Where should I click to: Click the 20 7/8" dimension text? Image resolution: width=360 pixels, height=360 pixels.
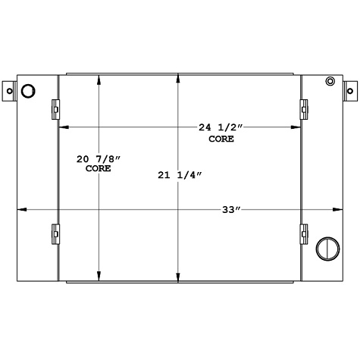coord(97,159)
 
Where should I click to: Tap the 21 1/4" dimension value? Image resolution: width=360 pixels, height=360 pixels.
coord(180,176)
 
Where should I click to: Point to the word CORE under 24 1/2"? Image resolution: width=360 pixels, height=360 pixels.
coord(221,139)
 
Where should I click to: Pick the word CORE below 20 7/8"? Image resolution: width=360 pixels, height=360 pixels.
coord(98,169)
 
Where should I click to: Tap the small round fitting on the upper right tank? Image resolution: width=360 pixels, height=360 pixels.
coord(329,82)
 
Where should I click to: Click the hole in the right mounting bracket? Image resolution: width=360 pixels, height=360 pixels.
coord(351,91)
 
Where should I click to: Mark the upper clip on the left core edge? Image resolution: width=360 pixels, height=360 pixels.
coord(56,109)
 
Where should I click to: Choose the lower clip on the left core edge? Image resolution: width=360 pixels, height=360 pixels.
coord(56,233)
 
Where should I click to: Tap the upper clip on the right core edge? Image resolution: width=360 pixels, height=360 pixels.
coord(304,109)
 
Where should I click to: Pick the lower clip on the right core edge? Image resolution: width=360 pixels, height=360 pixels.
coord(304,233)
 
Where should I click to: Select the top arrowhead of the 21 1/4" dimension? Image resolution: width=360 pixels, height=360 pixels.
coord(178,77)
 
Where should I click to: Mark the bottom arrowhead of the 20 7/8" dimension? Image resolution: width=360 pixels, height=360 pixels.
coord(99,277)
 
